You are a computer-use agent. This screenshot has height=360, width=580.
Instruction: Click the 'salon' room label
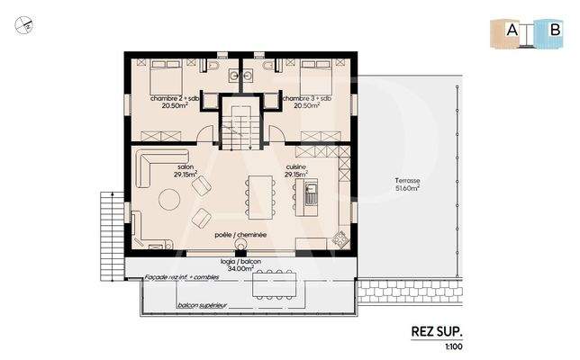pos(186,167)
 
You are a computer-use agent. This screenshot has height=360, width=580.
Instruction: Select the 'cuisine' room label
pos(296,167)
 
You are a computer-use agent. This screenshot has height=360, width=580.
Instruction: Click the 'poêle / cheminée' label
pos(240,234)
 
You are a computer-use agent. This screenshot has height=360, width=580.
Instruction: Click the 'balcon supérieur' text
pos(200,307)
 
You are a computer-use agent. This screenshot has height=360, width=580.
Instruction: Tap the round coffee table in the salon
pos(168,198)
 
